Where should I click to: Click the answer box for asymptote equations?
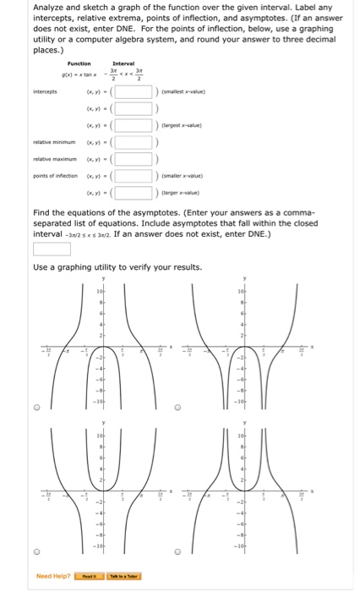pos(52,249)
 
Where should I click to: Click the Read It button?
pos(89,577)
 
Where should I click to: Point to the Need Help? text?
pos(52,577)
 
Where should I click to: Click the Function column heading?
pos(79,63)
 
